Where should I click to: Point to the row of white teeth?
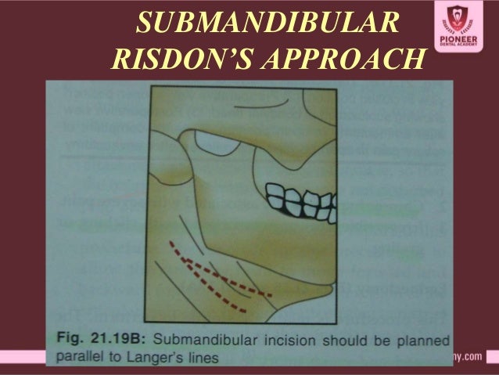coord(294,200)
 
